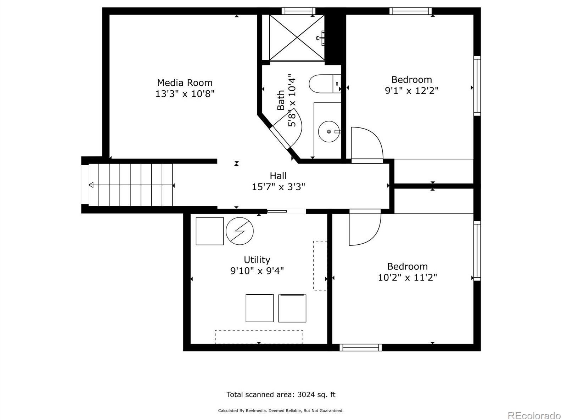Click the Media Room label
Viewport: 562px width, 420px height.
pyautogui.click(x=185, y=83)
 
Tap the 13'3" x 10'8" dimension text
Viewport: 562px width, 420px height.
pyautogui.click(x=185, y=94)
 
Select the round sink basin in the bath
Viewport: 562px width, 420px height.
pyautogui.click(x=328, y=131)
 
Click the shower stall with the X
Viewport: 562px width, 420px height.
pyautogui.click(x=297, y=37)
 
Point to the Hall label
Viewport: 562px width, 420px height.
pyautogui.click(x=278, y=176)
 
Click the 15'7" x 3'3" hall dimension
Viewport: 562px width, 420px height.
pyautogui.click(x=278, y=187)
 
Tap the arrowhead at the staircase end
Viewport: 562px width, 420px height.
pyautogui.click(x=91, y=185)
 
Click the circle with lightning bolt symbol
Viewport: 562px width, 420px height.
pyautogui.click(x=240, y=231)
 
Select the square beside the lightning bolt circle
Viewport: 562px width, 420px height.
pyautogui.click(x=209, y=231)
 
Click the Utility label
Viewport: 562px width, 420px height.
pyautogui.click(x=257, y=260)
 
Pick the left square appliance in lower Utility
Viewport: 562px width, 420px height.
pyautogui.click(x=259, y=308)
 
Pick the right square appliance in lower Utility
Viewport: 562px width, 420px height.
pyautogui.click(x=292, y=308)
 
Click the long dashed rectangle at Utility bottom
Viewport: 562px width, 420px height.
pyautogui.click(x=259, y=336)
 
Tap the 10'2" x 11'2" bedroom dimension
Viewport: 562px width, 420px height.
pyautogui.click(x=407, y=277)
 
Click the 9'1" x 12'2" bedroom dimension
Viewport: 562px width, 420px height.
pyautogui.click(x=411, y=91)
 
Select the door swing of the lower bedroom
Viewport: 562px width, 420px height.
pyautogui.click(x=364, y=228)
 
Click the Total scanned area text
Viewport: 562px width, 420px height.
pyautogui.click(x=281, y=395)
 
